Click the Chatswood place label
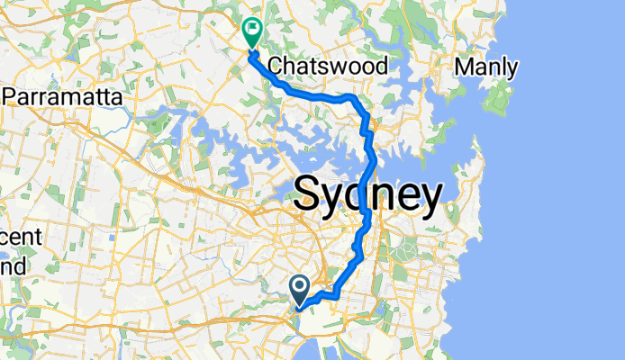click(x=329, y=67)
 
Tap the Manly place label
click(x=486, y=67)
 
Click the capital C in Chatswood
click(x=276, y=67)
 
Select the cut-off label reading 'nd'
click(x=14, y=265)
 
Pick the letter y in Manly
click(x=512, y=69)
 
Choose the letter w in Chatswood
click(x=348, y=67)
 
